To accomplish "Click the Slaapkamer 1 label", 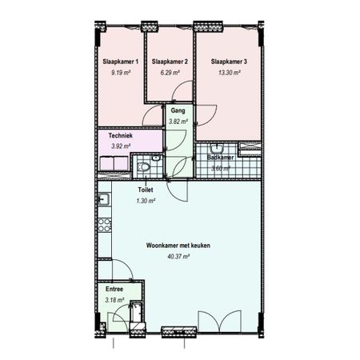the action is pos(121,62).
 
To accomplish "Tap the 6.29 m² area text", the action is pos(170,72).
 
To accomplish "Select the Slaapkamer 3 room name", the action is pos(229,62).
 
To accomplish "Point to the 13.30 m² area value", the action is pos(230,72).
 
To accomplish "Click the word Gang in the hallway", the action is pos(178,110).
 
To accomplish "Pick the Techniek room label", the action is pos(121,135).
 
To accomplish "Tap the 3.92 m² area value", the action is pos(121,146).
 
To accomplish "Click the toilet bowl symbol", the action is pos(143,166).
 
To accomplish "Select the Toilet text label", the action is pos(146,190).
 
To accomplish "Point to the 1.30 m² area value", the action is pos(146,201).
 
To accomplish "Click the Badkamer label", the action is pos(220,158).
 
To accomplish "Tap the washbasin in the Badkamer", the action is pos(217,148).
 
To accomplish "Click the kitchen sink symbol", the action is pos(103,199).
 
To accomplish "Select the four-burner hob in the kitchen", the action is pos(104,225).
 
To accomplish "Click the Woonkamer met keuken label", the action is pos(178,246).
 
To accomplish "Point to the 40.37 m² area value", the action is pos(178,257).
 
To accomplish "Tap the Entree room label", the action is pos(114,289).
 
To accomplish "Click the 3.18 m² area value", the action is pos(114,300).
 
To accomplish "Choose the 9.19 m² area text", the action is pos(121,72).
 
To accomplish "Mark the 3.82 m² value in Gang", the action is pos(178,122).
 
